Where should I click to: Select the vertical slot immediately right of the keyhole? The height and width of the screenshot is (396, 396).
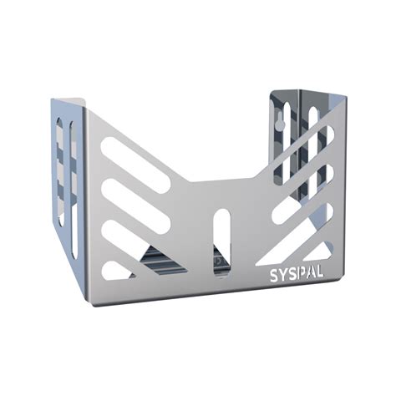[x=312, y=125]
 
